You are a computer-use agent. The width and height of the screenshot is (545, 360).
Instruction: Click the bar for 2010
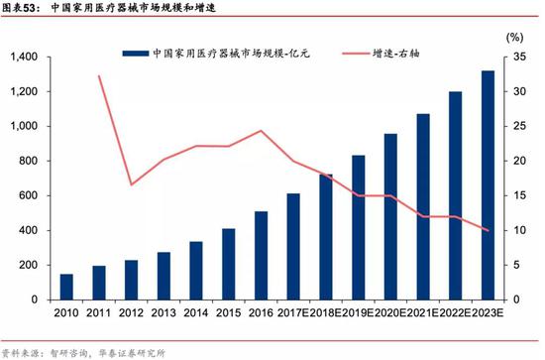(x=66, y=287)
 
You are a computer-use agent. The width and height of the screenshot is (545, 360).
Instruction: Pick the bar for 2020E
(x=390, y=216)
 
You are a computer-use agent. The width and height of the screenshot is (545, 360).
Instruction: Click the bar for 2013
(x=163, y=276)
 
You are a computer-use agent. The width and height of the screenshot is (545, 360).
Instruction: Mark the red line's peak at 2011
(x=99, y=76)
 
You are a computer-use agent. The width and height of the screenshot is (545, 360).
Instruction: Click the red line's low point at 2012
(x=132, y=184)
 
